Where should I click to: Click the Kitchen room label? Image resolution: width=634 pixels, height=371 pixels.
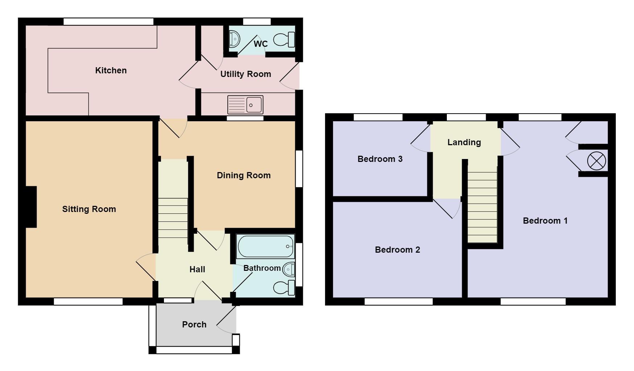point(111,70)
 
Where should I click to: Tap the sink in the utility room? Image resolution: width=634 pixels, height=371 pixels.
point(245,105)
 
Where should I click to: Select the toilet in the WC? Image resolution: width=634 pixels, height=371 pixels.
point(284,40)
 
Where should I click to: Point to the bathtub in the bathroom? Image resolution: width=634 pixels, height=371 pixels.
point(265,246)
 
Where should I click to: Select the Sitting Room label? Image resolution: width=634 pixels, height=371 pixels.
point(89,209)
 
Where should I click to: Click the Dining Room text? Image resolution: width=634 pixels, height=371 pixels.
point(244,175)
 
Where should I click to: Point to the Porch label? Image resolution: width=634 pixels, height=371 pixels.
point(194,325)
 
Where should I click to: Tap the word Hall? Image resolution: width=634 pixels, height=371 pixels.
point(197,269)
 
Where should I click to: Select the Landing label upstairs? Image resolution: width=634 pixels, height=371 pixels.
point(464,142)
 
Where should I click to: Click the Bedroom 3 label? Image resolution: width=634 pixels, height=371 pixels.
point(380,159)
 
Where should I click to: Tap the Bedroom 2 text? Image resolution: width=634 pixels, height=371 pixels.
point(398,250)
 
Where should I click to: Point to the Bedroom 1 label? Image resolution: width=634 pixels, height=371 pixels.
point(545,221)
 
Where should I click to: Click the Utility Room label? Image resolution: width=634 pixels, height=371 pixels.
point(246,74)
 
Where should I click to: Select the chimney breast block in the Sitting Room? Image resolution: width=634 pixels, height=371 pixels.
point(31,207)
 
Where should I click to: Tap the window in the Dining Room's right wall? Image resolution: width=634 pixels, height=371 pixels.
point(299,169)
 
